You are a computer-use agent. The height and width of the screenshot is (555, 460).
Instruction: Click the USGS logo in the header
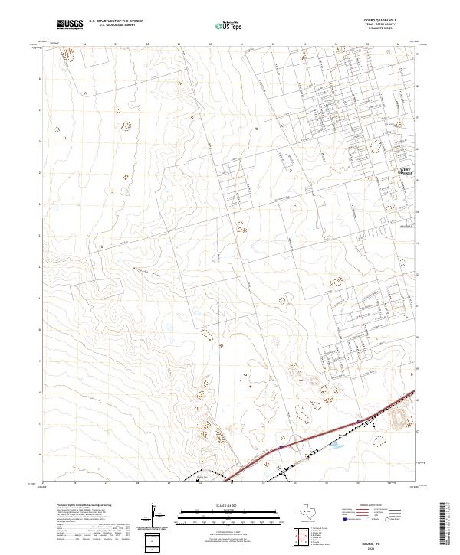tap(71, 24)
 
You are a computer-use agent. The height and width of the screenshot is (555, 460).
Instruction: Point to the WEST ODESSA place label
tap(403, 172)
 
